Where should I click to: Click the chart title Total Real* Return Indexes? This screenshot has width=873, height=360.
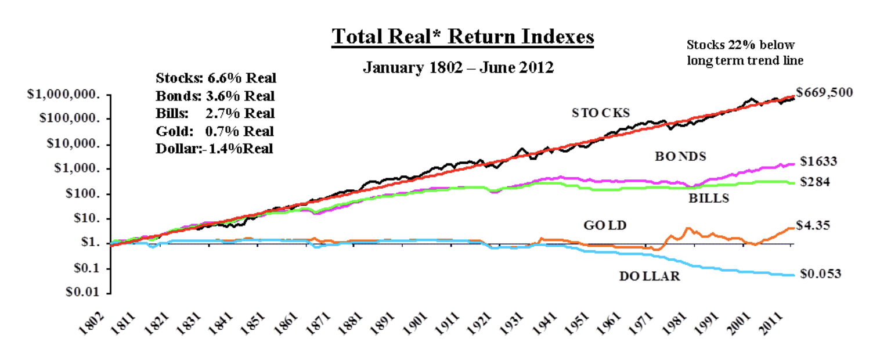coord(463,38)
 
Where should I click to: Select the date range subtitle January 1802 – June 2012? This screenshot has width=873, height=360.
coord(459,67)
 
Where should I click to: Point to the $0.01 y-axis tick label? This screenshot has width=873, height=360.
coord(88,292)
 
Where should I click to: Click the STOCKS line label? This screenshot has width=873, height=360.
coord(601,113)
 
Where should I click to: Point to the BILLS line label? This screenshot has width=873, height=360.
coord(708,198)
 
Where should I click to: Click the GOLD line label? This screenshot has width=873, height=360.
coord(604,225)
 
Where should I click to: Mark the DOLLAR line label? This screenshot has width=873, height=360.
coord(649,276)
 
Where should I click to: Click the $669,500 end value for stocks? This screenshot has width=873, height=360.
coord(824,92)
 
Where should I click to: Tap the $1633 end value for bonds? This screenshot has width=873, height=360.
coord(816,161)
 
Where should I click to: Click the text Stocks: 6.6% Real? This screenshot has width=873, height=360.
coord(216,78)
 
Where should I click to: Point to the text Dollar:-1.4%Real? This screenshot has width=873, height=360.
coord(215,148)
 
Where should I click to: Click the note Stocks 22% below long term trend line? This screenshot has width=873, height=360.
coord(745,52)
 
